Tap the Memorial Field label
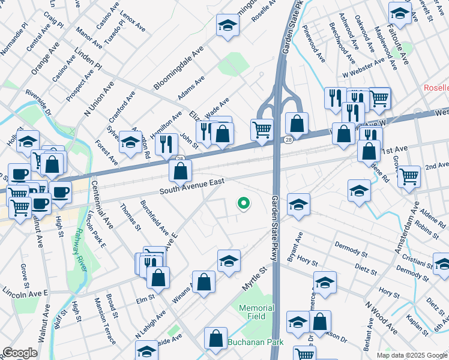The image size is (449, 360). coord(256,312)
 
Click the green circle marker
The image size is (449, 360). coord(243,203)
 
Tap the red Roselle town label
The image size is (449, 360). coord(436,88)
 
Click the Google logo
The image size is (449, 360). coord(20,353)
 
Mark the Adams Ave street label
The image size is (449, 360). coord(191,88)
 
